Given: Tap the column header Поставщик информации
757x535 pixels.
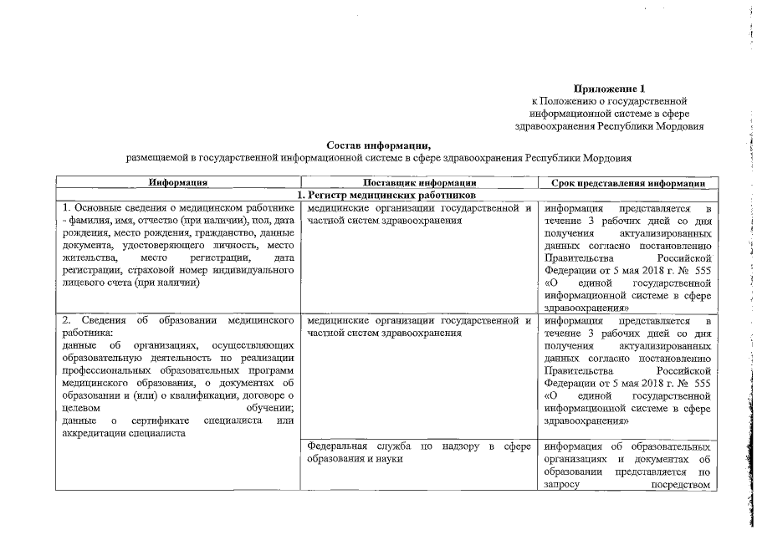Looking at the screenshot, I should (x=421, y=182).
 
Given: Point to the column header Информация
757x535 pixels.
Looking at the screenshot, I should (x=177, y=182).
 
